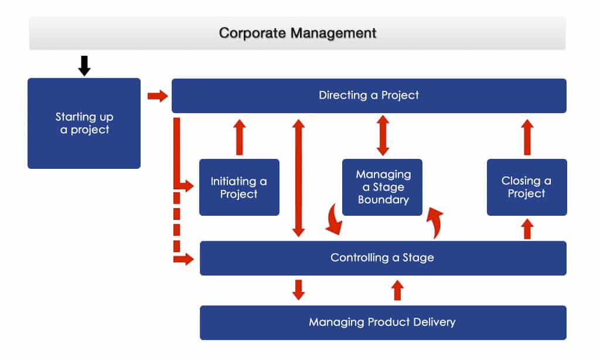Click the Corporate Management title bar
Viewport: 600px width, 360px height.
pos(298,33)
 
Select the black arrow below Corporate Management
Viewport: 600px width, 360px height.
pos(84,65)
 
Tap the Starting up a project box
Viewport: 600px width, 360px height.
pos(84,123)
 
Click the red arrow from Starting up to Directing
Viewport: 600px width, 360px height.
pos(157,96)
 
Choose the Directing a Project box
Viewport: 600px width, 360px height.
pos(369,95)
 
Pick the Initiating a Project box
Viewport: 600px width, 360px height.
pos(239,187)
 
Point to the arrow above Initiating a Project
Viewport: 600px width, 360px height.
pos(239,137)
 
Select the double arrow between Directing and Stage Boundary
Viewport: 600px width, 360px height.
pos(383,135)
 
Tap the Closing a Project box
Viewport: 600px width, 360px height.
pos(527,187)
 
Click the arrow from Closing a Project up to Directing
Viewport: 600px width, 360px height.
pos(527,137)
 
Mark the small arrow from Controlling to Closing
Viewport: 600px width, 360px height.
pos(527,229)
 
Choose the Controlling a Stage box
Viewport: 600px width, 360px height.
pos(383,258)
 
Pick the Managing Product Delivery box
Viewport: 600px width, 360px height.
pos(383,322)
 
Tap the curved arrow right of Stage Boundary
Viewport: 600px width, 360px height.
pos(434,222)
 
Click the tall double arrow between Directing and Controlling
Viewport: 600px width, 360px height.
pos(299,178)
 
